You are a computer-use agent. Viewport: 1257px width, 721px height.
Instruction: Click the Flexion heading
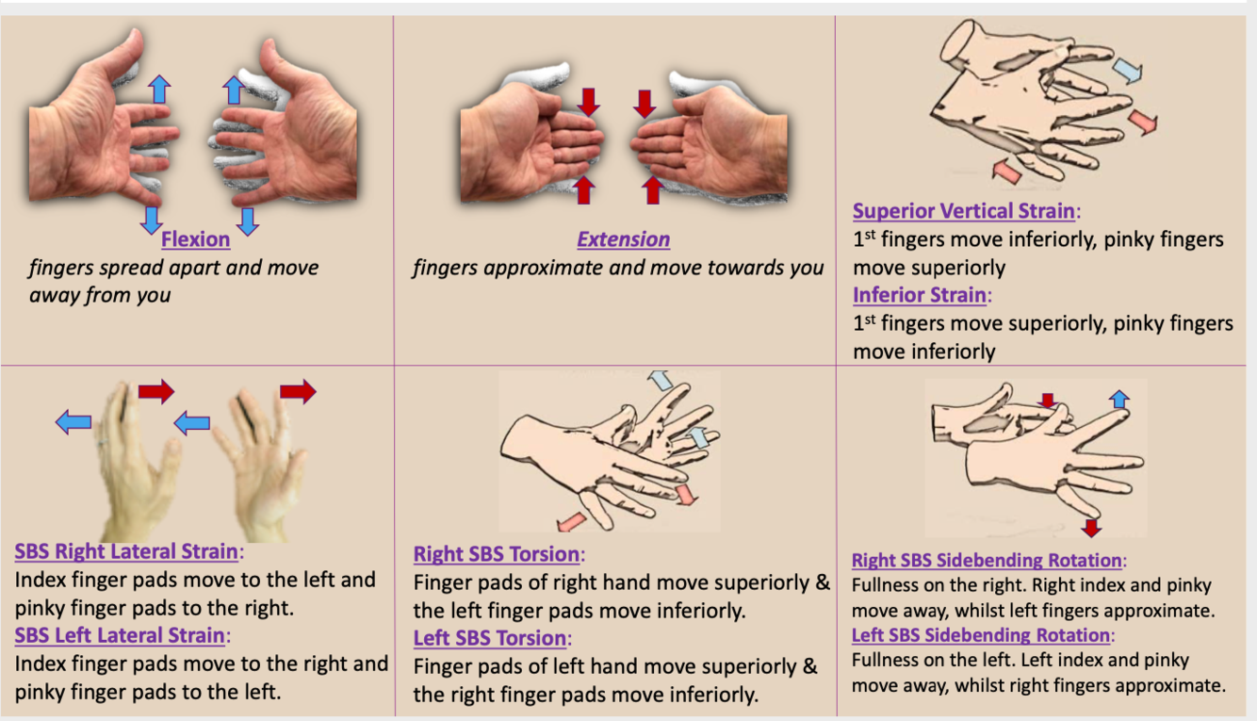pyautogui.click(x=195, y=239)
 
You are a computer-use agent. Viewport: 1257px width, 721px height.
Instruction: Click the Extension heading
pyautogui.click(x=624, y=239)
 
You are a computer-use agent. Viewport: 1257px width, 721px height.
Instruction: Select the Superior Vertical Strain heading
pyautogui.click(x=964, y=211)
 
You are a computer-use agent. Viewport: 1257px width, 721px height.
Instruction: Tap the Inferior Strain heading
pyautogui.click(x=919, y=295)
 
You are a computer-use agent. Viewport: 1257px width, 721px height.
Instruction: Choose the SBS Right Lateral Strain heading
pyautogui.click(x=126, y=551)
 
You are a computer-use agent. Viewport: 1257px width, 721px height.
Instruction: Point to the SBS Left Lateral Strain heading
pyautogui.click(x=120, y=635)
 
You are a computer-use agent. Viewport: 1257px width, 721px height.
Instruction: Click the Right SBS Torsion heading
pyautogui.click(x=496, y=554)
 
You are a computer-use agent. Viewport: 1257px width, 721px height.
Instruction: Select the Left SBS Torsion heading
pyautogui.click(x=490, y=638)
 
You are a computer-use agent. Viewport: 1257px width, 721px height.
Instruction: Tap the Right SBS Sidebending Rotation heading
pyautogui.click(x=987, y=560)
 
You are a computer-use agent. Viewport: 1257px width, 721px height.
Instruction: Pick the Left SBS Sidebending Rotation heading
pyautogui.click(x=980, y=635)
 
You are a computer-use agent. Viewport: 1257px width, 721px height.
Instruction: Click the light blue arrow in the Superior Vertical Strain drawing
pyautogui.click(x=1127, y=71)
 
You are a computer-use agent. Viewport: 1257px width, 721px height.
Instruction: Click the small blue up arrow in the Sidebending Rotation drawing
pyautogui.click(x=1118, y=399)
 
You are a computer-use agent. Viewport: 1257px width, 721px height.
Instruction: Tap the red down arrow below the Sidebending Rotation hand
pyautogui.click(x=1091, y=528)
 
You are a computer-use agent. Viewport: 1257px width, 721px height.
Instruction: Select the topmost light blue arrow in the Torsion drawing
pyautogui.click(x=661, y=380)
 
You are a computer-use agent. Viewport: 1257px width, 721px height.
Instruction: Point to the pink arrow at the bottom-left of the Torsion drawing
pyautogui.click(x=571, y=522)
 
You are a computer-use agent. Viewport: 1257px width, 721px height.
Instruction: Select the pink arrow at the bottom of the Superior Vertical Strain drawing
pyautogui.click(x=1006, y=172)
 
